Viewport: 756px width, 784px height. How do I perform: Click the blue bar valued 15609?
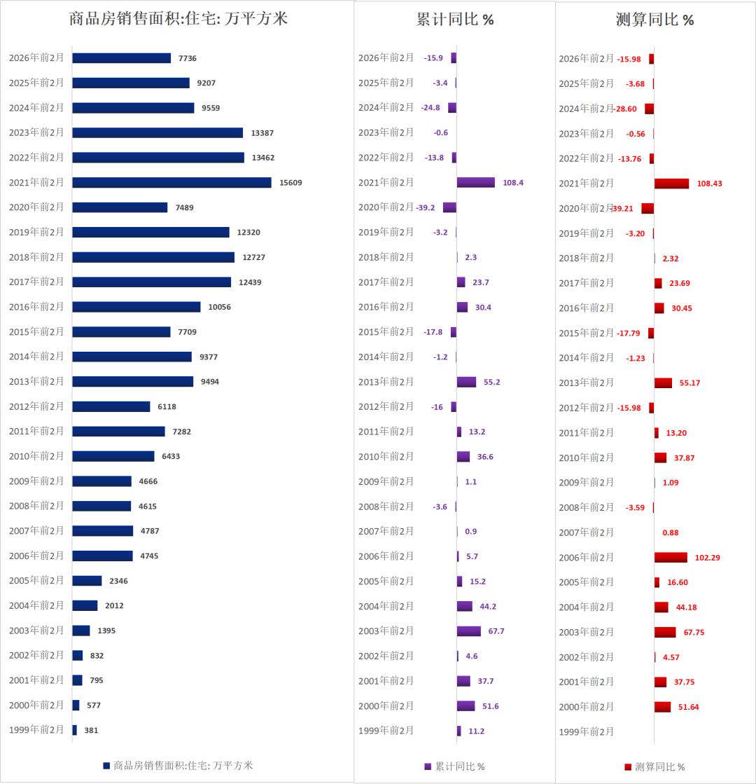coord(171,182)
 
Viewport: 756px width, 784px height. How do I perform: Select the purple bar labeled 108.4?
coord(475,182)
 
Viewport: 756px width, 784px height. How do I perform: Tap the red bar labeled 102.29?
coord(671,557)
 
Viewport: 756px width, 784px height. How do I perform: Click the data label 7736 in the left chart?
coord(188,58)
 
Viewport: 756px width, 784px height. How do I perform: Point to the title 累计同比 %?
coord(455,20)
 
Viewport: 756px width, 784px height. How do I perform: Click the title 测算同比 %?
coord(655,20)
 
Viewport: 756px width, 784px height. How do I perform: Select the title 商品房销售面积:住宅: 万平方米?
coord(178,19)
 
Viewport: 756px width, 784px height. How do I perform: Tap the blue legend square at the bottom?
coord(106,766)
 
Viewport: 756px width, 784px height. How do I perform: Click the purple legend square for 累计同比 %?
coord(428,766)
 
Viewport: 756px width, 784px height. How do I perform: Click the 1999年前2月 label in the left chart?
coord(36,729)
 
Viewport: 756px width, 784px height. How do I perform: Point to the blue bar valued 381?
coord(74,730)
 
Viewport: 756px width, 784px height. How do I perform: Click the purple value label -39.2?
coord(426,207)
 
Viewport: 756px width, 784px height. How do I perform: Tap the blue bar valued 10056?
coord(136,307)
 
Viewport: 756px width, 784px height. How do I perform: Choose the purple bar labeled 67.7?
coord(468,631)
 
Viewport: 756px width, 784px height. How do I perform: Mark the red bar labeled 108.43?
coord(671,183)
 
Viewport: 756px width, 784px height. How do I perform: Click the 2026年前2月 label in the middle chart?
coord(386,58)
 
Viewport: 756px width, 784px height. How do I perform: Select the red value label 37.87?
coord(684,458)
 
